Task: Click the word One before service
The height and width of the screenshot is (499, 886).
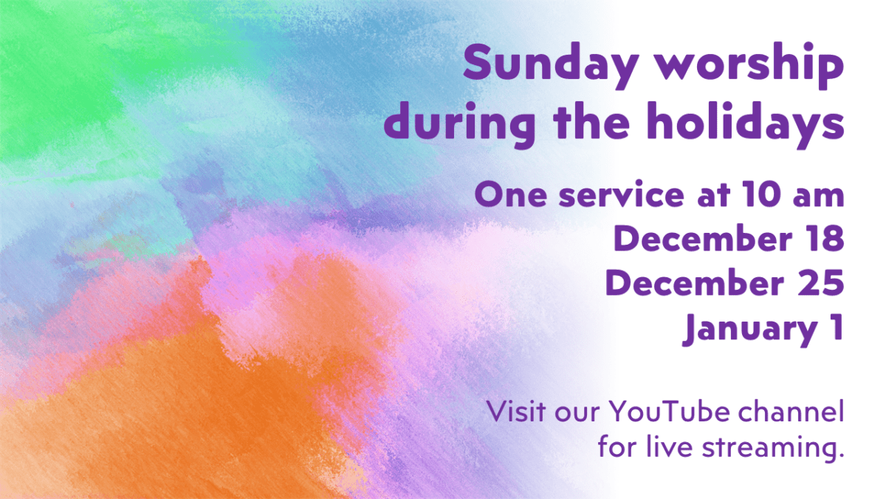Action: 511,194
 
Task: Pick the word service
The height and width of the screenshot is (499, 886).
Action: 622,194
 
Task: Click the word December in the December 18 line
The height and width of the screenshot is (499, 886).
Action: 703,238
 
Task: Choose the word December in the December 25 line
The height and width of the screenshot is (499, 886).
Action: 695,282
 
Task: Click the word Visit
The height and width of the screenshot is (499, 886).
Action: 516,411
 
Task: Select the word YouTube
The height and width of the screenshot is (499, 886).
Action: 669,411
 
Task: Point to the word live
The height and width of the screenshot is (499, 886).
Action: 670,447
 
